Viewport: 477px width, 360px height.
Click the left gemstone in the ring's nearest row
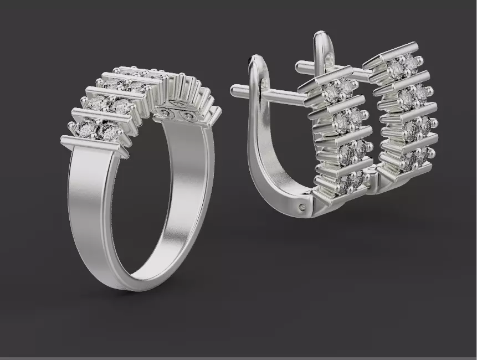(x=87, y=129)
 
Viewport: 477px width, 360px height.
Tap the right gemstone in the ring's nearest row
(x=109, y=131)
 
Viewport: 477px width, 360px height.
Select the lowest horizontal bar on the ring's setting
(x=91, y=146)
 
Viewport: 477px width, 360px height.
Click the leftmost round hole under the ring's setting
(x=163, y=113)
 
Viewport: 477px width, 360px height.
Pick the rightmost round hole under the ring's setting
(x=189, y=116)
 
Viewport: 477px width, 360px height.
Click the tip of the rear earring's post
(x=299, y=66)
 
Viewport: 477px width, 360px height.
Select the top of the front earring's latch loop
(x=258, y=60)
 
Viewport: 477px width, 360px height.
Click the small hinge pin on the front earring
(x=301, y=207)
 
